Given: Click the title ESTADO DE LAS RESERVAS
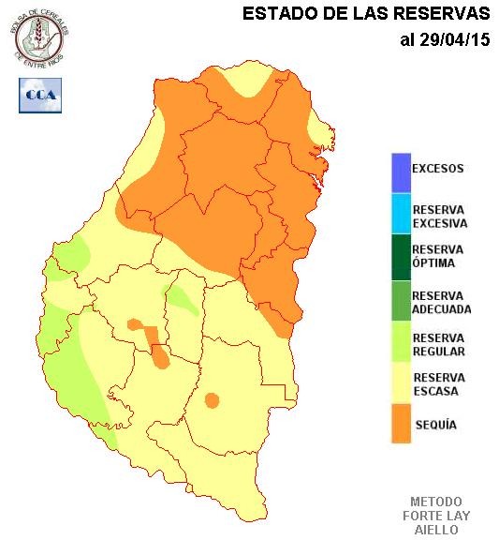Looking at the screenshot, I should coord(366,15).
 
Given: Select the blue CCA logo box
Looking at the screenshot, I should coord(40,95).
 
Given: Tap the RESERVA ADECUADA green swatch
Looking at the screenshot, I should coord(401,299).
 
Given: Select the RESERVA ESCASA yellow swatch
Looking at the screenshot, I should coord(401,383).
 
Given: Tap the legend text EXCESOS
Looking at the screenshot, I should coord(438,170).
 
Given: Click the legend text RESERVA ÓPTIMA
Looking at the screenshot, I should coord(438,256).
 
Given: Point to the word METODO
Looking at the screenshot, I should coord(436,502).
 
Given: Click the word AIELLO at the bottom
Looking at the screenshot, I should coord(436,530).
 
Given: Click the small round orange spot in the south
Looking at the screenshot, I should coord(212,400).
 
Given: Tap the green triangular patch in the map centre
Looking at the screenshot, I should coord(183,299).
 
